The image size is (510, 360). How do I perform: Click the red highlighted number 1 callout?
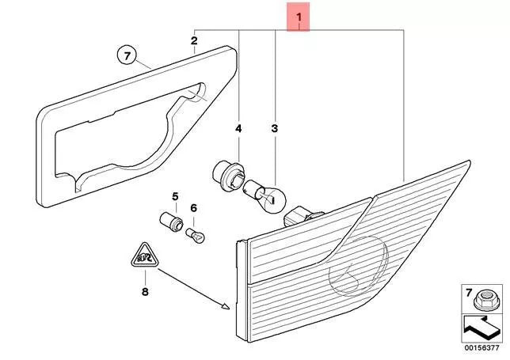coord(299,17)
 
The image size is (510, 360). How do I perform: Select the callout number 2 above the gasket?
coord(194,41)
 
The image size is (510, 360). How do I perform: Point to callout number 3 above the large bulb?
coord(275,129)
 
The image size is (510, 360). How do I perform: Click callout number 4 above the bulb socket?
coord(238,129)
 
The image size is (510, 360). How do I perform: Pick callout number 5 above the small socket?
coord(175,196)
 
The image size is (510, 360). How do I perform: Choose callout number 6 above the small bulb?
coord(194,207)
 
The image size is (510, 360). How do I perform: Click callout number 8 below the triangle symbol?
coord(145,292)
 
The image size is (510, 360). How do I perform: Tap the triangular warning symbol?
coord(145,256)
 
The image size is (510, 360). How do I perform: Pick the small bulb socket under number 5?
coord(171,222)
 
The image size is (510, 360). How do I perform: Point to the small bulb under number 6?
coord(195,236)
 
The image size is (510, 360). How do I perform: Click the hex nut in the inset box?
coord(485,300)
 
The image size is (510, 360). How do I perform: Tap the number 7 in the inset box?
coord(469,293)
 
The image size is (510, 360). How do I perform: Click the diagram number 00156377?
coord(481,347)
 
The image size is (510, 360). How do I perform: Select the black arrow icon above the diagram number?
coord(481,328)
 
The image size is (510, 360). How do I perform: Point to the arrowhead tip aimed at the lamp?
coord(230,308)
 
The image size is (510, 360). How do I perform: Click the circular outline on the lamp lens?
coord(359,266)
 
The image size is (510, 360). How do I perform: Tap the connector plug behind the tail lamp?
coord(303,217)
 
